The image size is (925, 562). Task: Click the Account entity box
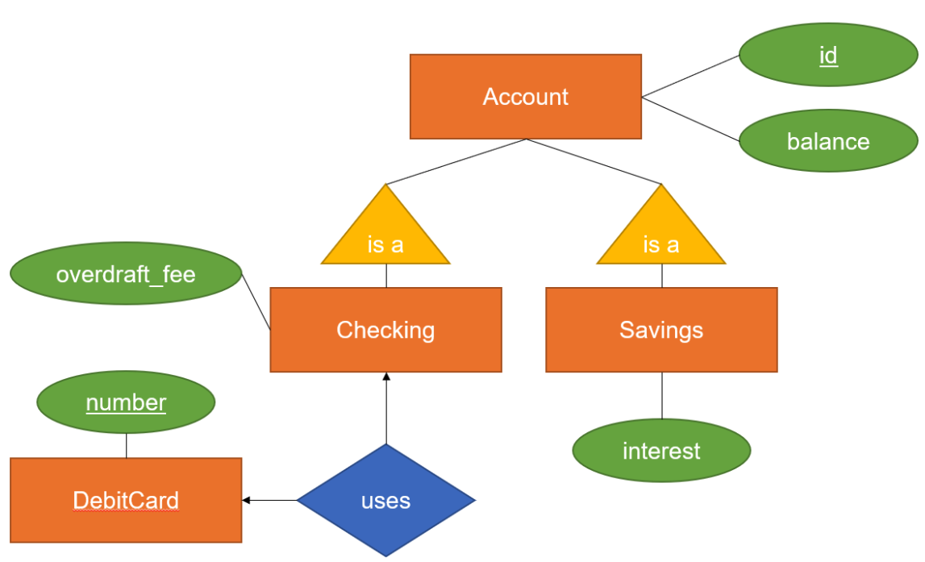coord(525,97)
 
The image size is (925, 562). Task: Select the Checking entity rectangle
coord(385,330)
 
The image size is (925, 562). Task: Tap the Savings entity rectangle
coord(661,330)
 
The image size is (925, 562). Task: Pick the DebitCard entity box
coord(126,500)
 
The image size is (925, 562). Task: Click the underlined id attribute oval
coord(827,55)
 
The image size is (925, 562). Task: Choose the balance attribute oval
coord(827,141)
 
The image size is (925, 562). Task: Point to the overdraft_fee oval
coord(126,273)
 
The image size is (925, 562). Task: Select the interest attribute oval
coord(661,450)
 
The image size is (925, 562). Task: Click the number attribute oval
coord(126,402)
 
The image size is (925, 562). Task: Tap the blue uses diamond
coord(385,500)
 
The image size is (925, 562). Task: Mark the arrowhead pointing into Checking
coord(385,377)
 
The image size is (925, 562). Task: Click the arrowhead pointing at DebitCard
coord(247,501)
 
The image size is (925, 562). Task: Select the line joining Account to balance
coord(690,119)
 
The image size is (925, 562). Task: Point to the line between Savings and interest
coord(662,395)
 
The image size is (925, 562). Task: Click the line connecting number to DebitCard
coord(127,445)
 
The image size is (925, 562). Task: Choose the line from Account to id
coord(690,77)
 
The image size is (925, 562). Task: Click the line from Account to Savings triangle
coord(594,161)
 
